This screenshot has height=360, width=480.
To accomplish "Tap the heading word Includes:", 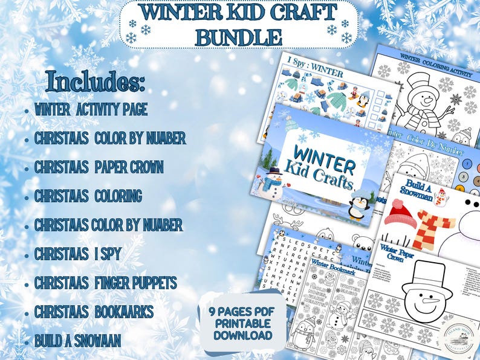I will click(x=96, y=83).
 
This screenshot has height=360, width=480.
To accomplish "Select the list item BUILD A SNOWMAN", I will click(x=78, y=340).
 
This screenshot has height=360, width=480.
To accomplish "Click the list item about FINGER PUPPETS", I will click(x=105, y=283).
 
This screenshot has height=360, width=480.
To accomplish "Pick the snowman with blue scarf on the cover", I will click(x=273, y=185).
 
